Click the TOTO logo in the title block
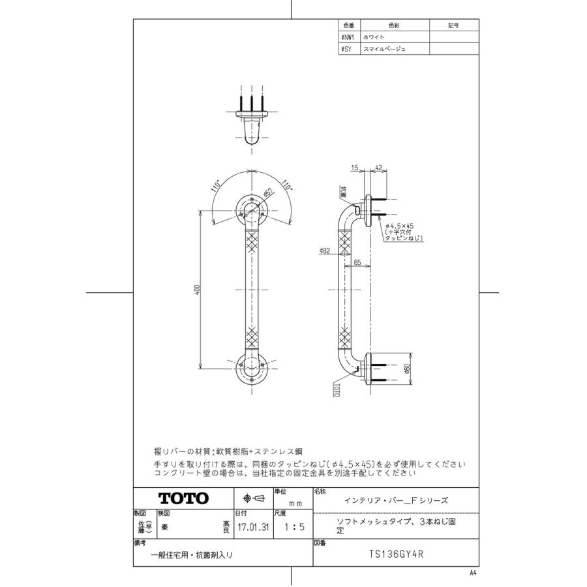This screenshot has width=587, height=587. point(183,498)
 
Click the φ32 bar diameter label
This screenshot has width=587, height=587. point(325,250)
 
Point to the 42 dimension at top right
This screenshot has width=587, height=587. point(379,168)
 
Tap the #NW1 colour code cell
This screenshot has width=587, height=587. point(347,38)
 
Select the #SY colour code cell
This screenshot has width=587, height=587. point(346,49)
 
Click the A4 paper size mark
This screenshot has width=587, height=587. point(473,573)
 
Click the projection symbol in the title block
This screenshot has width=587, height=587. point(253,498)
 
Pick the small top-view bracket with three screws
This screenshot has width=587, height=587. point(250,119)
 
